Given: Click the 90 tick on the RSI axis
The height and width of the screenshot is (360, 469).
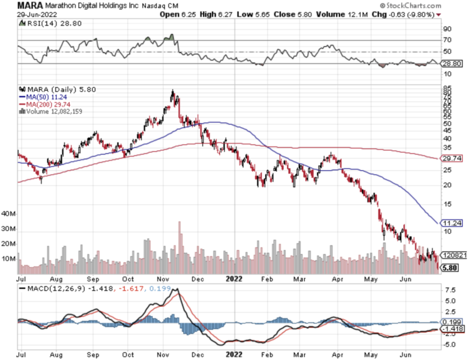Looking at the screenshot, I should [x=446, y=28].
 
